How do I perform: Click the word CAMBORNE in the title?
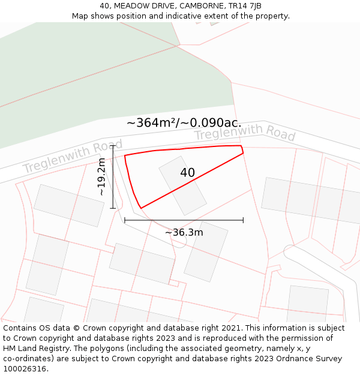pos(200,5)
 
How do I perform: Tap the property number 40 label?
pos(187,173)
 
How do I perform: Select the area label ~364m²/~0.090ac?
pos(184,122)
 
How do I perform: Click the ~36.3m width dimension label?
pos(184,232)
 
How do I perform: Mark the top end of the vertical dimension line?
pos(113,145)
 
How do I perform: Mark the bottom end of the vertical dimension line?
pos(113,208)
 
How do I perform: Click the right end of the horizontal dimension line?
pos(243,220)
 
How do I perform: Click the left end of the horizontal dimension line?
pos(125,220)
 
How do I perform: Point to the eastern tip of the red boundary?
pos(243,153)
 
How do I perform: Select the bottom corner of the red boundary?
pos(141,208)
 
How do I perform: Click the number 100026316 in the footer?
pos(24,368)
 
